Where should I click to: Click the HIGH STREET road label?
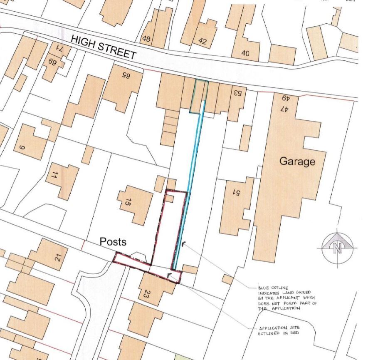104,47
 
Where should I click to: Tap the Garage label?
297,161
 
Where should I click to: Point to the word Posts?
113,242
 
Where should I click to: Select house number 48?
146,39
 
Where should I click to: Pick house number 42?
203,41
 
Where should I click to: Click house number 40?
245,53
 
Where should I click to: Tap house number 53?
237,92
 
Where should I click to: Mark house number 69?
52,62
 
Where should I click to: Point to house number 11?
54,175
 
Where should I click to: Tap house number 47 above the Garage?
284,109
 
